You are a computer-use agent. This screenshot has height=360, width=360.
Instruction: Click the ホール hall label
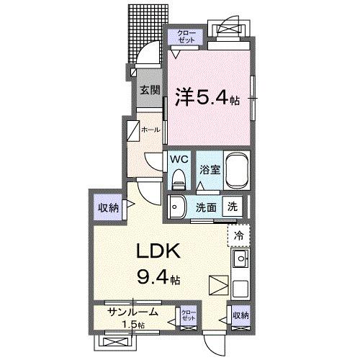point(150,130)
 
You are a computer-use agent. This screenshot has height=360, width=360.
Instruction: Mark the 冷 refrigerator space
point(238,235)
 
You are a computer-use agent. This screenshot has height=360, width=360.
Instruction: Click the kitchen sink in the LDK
point(240,258)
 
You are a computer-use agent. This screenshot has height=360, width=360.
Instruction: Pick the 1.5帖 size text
point(132,325)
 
